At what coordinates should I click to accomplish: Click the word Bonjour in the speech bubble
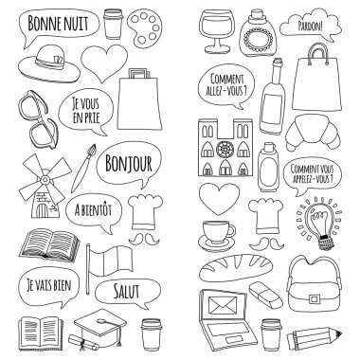click(x=129, y=164)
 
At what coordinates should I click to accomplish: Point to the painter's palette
click(x=145, y=28)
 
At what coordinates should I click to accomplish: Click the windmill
click(x=44, y=187)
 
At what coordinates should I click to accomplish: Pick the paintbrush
click(x=83, y=168)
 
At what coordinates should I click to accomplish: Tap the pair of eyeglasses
click(x=38, y=119)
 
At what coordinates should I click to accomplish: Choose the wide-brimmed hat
click(x=49, y=64)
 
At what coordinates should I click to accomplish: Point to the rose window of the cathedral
click(x=225, y=149)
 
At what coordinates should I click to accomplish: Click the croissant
click(x=313, y=132)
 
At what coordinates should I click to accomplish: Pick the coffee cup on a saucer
click(x=217, y=236)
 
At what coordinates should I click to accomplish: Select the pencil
click(x=315, y=338)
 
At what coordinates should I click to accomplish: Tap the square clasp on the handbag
click(x=314, y=298)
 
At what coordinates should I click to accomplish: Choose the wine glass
click(x=217, y=31)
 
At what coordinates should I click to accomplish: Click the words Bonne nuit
click(x=58, y=22)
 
